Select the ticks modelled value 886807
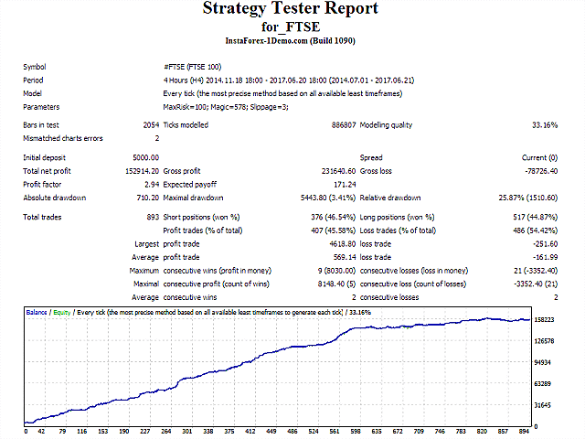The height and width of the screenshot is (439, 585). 336,125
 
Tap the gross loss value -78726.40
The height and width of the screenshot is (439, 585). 536,171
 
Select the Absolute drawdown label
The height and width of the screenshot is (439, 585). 54,197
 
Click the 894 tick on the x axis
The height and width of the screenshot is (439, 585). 524,431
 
